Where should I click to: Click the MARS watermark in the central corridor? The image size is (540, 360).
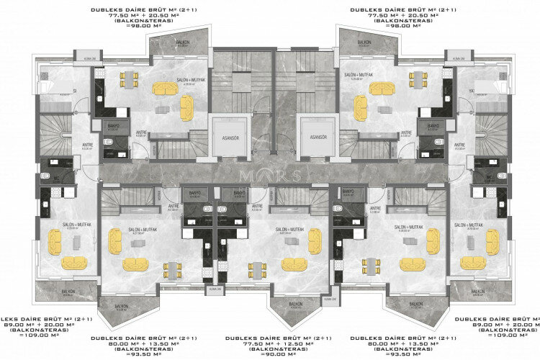click(270, 176)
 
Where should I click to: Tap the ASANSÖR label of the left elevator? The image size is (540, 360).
click(229, 136)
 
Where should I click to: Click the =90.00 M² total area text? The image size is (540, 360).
click(270, 354)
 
